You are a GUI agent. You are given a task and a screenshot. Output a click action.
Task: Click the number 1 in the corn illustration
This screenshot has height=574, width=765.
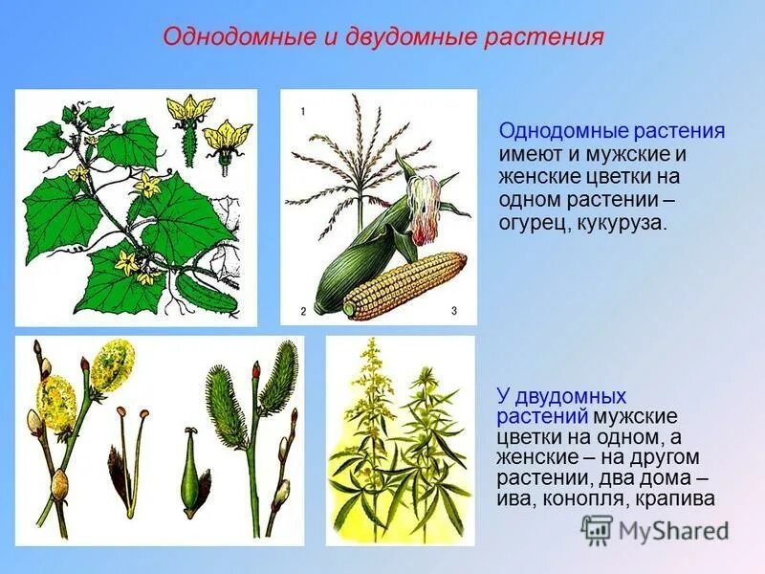[x=302, y=112]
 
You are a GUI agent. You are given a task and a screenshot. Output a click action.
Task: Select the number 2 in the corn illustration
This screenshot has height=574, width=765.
[x=302, y=311]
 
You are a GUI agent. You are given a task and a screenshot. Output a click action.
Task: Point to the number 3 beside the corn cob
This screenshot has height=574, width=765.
[x=454, y=311]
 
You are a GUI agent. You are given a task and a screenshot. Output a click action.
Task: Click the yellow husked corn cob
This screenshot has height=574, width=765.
[x=406, y=284]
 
